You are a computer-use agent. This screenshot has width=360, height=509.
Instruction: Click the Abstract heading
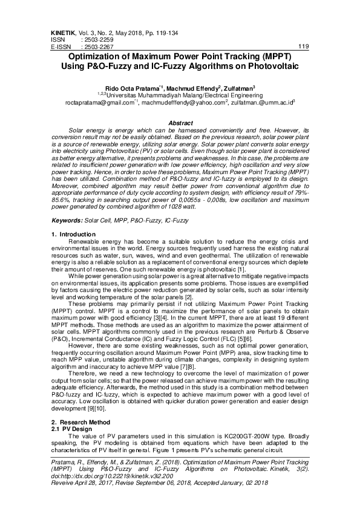pos(180,123)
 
